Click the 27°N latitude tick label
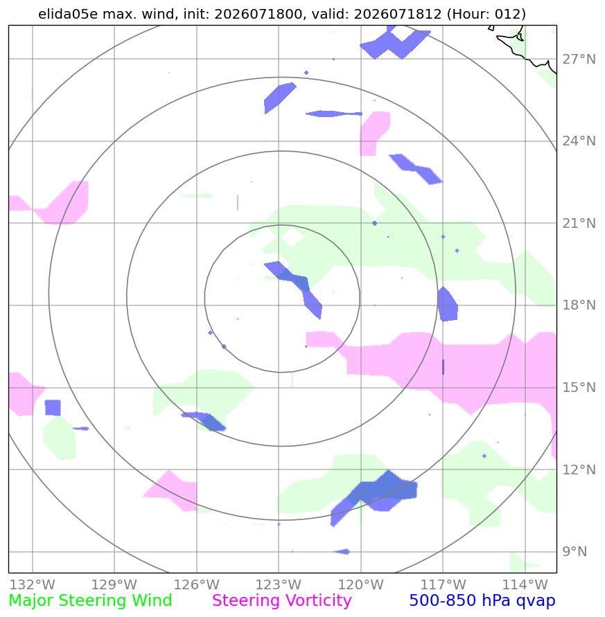[x=579, y=60]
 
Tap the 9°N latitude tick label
[x=575, y=552]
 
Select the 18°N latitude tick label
[x=579, y=305]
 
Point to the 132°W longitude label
[x=33, y=584]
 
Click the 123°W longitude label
[x=279, y=584]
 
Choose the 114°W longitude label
[x=525, y=584]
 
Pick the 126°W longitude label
[x=197, y=584]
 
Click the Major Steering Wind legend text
[x=90, y=600]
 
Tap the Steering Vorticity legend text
[x=281, y=600]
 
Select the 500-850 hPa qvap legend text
[x=482, y=600]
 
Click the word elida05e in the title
[x=68, y=14]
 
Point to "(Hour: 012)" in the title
[x=486, y=14]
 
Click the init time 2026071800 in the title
[x=258, y=14]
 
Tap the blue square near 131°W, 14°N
[x=53, y=408]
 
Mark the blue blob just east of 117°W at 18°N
[x=448, y=305]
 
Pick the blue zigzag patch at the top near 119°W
[x=394, y=42]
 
